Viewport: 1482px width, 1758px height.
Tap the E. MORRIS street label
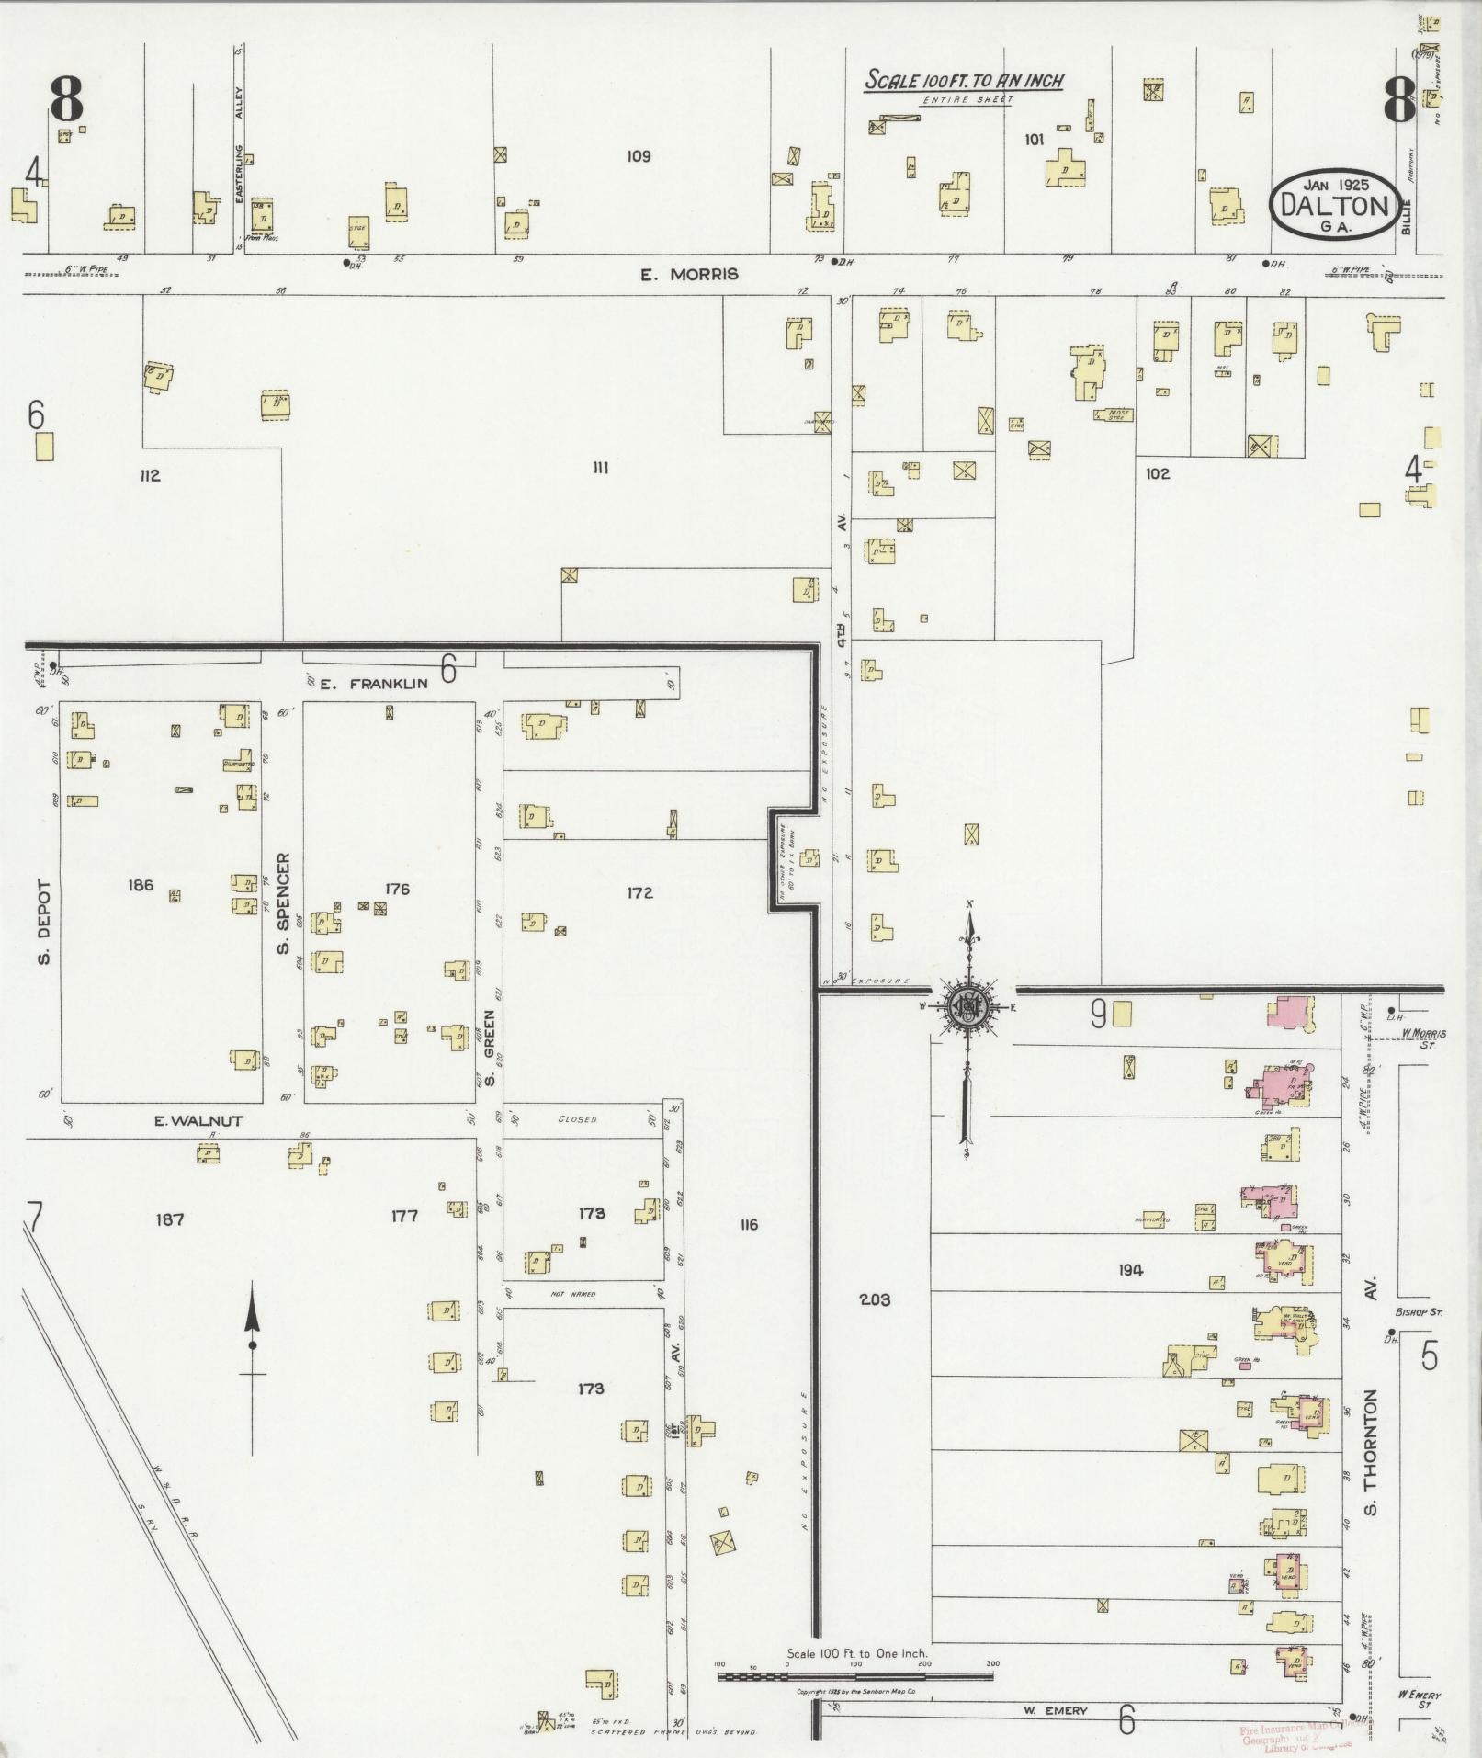tap(689, 274)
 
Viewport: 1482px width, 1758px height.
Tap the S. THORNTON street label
tap(1372, 1465)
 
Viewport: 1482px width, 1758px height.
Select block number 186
tap(141, 886)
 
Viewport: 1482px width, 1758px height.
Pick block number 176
tap(397, 889)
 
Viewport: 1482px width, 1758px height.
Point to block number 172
tap(639, 892)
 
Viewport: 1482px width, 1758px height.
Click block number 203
tap(875, 1299)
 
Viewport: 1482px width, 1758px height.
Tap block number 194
tap(1130, 1270)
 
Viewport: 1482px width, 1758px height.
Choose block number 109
tap(639, 156)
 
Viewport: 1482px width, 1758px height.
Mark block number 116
tap(748, 1224)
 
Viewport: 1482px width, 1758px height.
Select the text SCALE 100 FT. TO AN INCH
tap(964, 81)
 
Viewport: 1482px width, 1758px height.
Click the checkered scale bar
tap(854, 1675)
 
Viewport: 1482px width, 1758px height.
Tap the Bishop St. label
tap(1419, 1312)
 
